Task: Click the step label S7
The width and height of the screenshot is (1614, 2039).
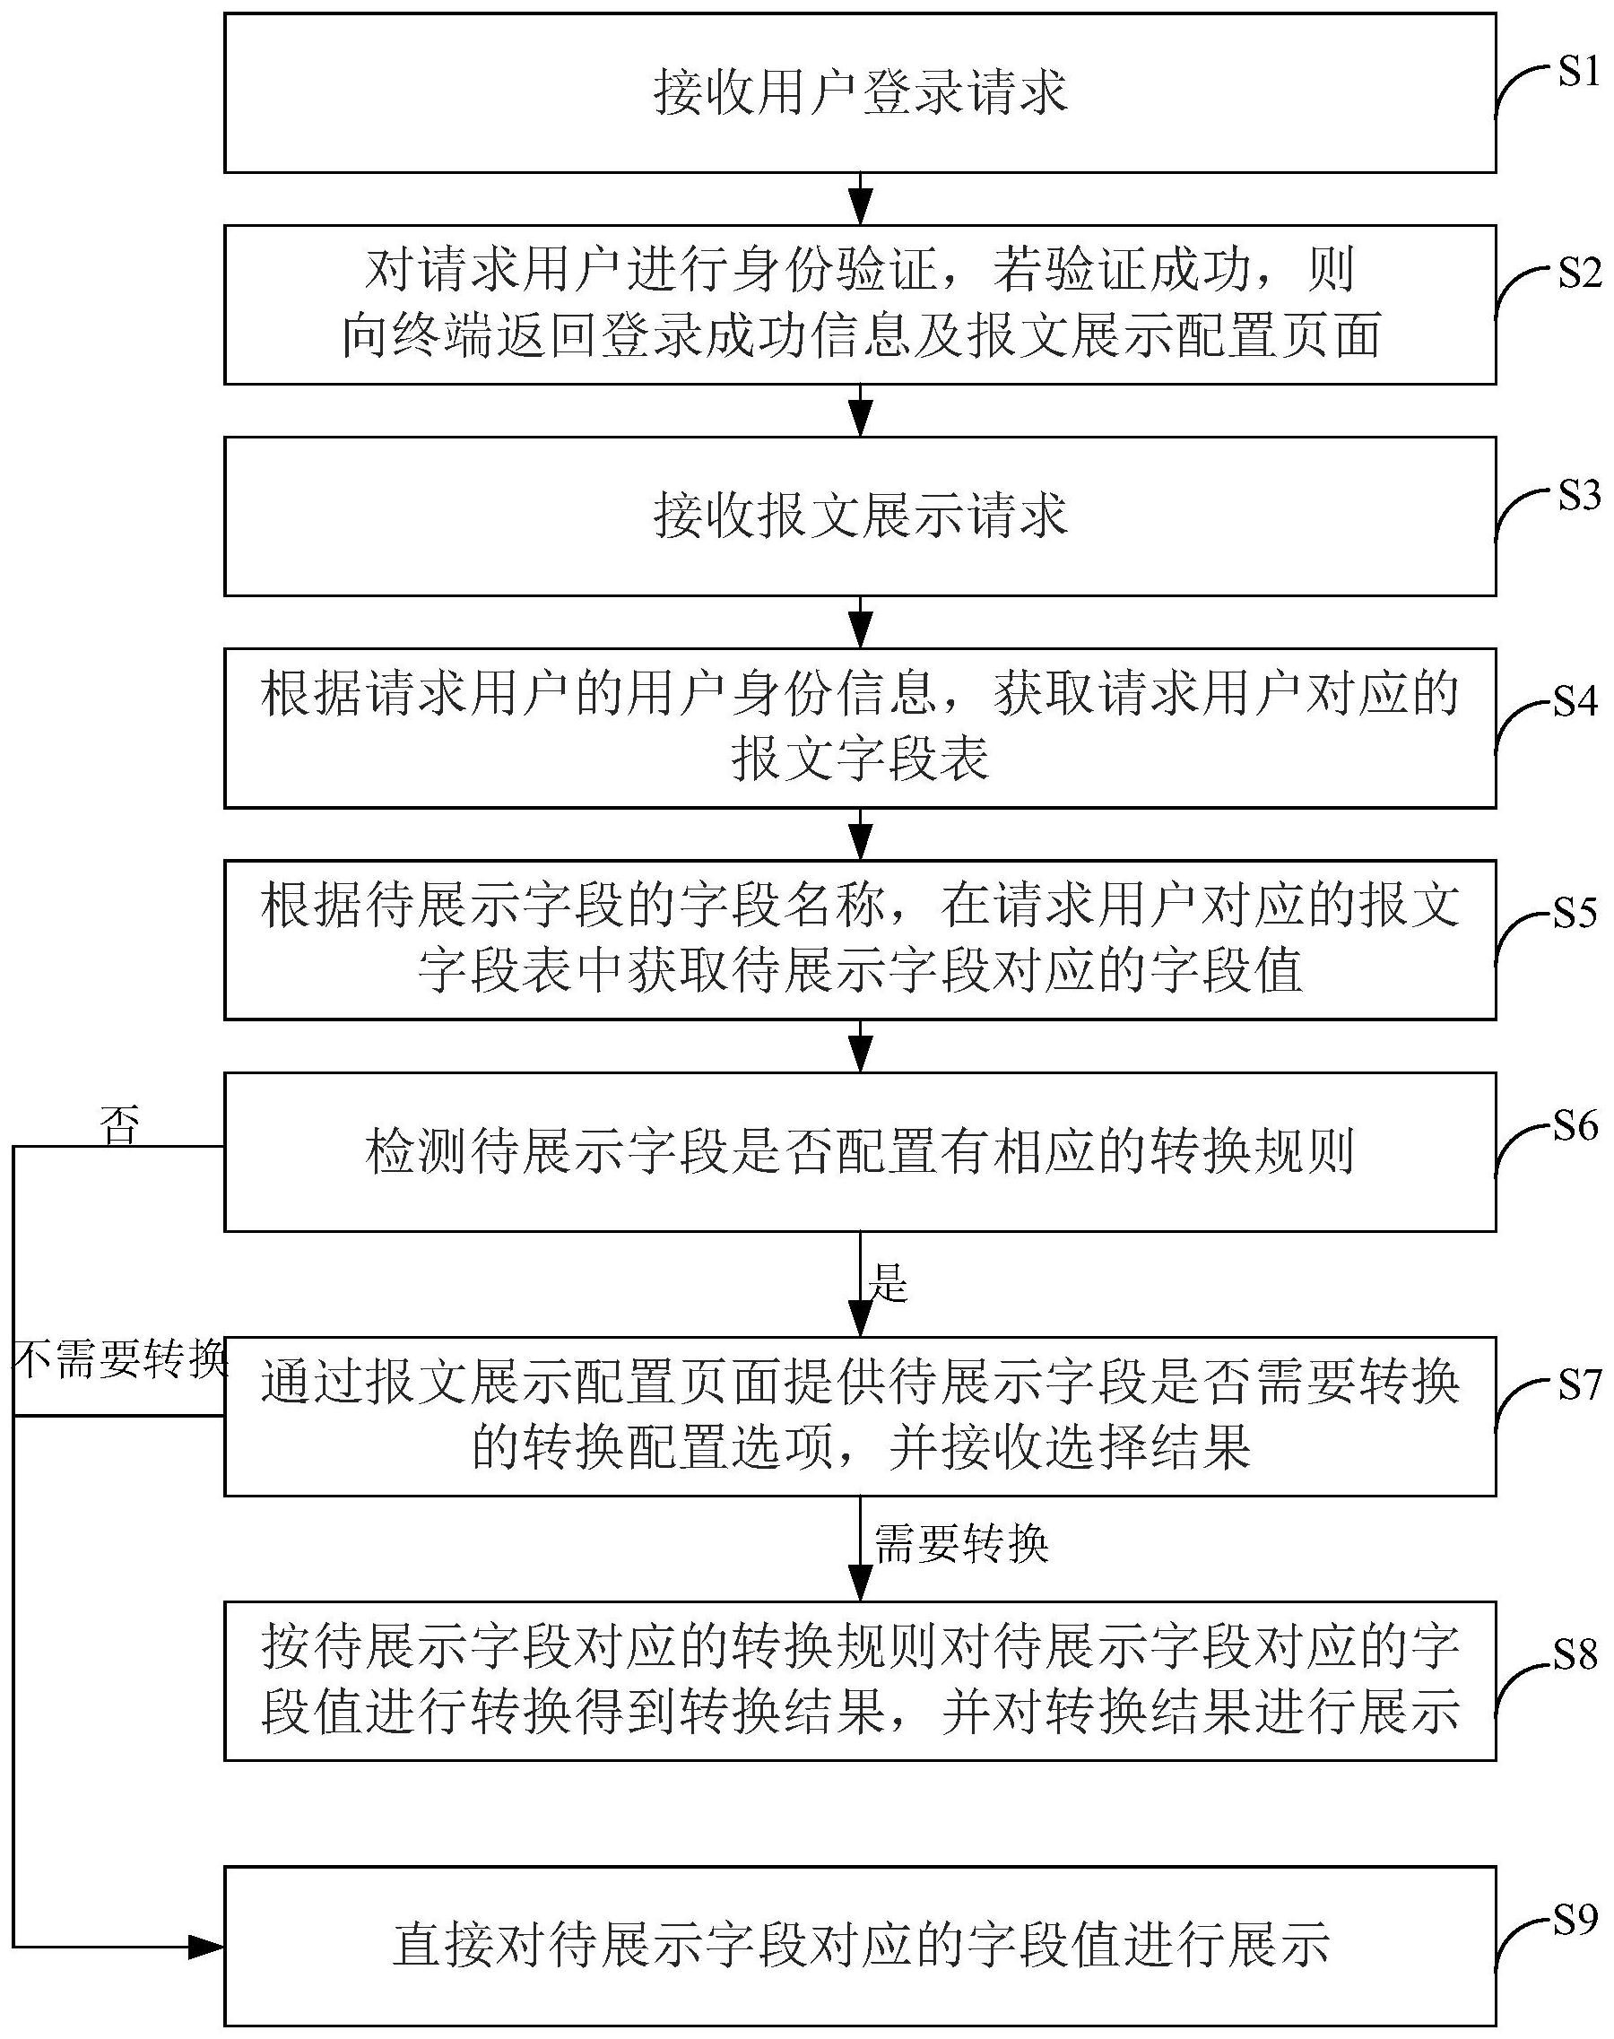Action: pyautogui.click(x=1578, y=1385)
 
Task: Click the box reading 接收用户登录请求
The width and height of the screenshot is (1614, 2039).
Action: pyautogui.click(x=860, y=93)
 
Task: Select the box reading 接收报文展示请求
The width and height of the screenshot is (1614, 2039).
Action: pyautogui.click(x=860, y=516)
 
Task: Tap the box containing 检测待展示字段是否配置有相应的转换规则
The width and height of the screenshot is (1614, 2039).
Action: pyautogui.click(x=860, y=1150)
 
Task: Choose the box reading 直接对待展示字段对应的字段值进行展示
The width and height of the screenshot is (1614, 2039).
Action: pyautogui.click(x=860, y=1945)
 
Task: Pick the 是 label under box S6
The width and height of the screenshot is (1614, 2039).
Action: pyautogui.click(x=888, y=1282)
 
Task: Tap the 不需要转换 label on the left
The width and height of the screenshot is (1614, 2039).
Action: pyautogui.click(x=120, y=1360)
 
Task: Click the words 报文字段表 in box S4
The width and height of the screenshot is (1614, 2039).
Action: pyautogui.click(x=860, y=758)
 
